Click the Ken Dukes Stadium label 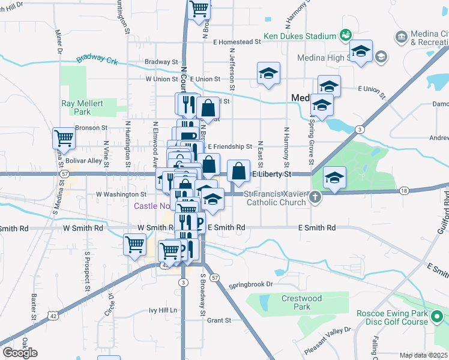pos(301,37)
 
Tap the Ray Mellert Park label pos(82,107)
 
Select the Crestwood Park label pos(302,302)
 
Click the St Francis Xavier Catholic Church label pos(274,198)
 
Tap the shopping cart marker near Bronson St pos(64,139)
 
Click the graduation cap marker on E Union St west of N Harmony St pos(268,74)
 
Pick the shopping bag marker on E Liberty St pos(238,172)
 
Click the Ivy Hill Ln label pos(163,310)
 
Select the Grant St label pos(215,320)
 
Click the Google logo pos(20,352)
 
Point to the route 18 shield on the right pos(403,190)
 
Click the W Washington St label pos(121,194)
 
